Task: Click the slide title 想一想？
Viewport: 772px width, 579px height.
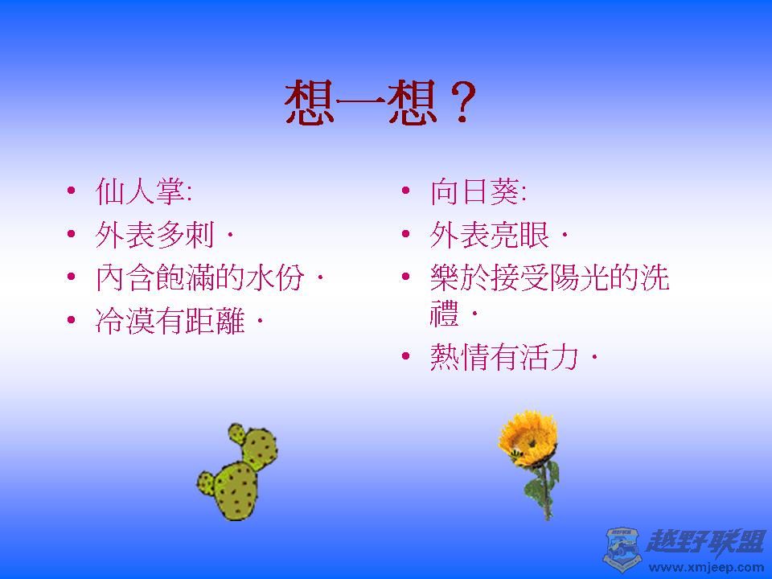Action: pos(380,102)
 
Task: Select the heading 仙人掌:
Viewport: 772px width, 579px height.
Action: pos(143,191)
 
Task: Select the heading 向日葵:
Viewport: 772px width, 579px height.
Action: pos(478,191)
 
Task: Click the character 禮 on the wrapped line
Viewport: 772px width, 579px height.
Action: pos(445,314)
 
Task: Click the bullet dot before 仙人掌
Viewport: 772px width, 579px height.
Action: pos(72,190)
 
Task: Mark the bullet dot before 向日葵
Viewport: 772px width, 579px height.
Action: pos(405,190)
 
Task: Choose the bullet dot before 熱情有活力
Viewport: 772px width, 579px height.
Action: pos(405,355)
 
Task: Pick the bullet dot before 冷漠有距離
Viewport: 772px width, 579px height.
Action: pos(72,319)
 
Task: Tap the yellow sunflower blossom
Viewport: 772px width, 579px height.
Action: pos(528,438)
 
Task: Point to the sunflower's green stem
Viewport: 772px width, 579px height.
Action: pos(544,492)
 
